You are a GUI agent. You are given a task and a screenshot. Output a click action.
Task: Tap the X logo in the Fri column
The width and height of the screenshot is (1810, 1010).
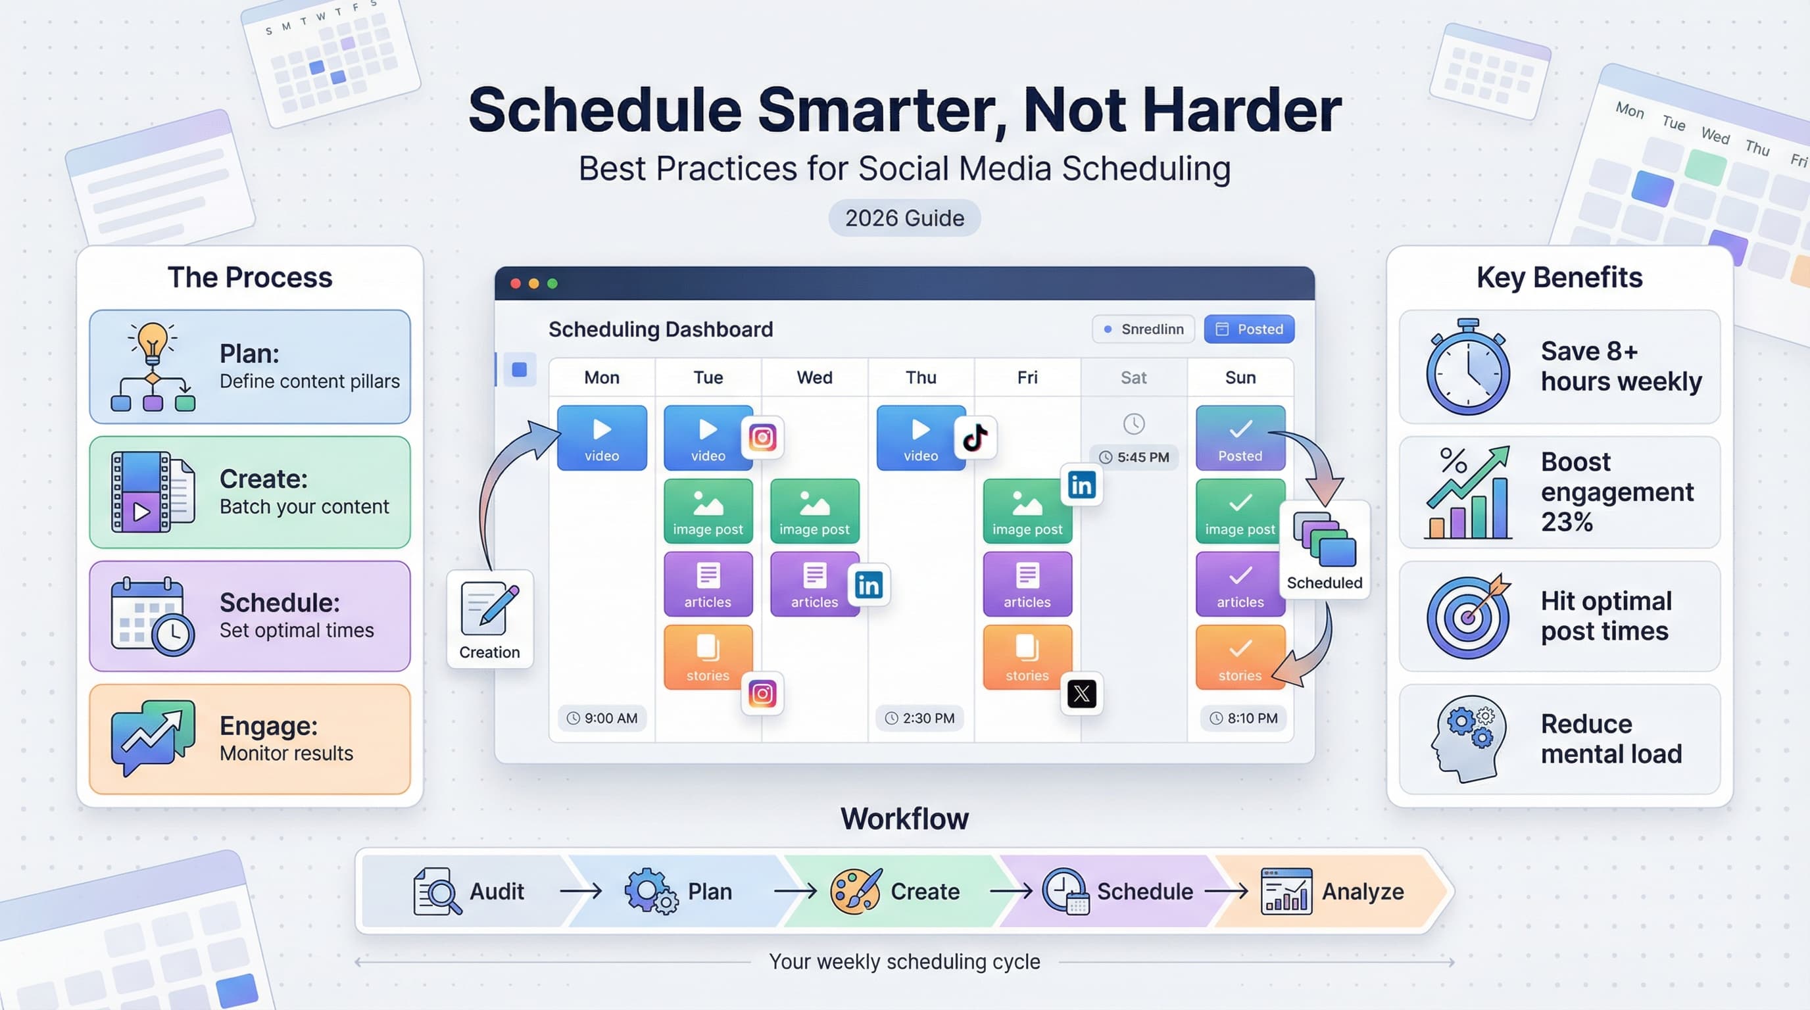1081,694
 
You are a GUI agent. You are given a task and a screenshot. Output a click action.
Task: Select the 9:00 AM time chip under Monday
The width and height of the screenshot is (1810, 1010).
602,718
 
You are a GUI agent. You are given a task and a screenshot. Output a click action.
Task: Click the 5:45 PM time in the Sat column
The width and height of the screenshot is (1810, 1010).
1134,457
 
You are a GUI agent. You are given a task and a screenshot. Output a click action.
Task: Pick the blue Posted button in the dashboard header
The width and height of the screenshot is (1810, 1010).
1248,329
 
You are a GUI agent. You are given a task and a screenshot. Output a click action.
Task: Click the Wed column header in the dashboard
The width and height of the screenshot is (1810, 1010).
814,377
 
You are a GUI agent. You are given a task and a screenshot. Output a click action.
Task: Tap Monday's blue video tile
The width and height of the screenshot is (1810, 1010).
602,437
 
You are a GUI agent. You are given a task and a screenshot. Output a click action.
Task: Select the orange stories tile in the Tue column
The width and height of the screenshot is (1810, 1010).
708,657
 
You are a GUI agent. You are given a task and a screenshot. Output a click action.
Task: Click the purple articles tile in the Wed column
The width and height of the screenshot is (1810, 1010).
814,584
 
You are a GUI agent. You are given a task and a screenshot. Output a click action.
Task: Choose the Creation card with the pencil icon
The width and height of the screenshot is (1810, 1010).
490,619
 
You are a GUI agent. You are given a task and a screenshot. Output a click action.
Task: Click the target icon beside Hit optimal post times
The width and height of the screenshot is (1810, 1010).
1468,617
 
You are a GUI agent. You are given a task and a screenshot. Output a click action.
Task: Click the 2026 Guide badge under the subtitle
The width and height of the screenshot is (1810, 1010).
904,218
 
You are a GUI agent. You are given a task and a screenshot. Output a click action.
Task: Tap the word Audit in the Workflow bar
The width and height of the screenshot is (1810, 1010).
496,891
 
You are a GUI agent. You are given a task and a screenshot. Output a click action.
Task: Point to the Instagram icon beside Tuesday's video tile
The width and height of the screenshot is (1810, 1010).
762,437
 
